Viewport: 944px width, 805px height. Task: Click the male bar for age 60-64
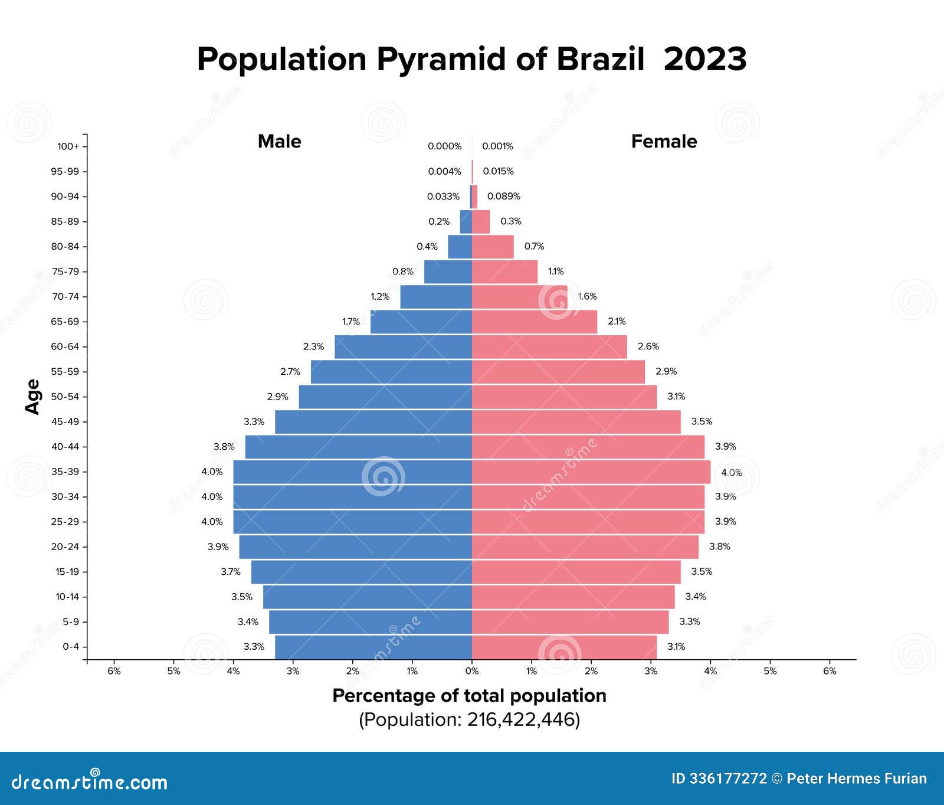(403, 347)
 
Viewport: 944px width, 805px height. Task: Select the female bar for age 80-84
(493, 247)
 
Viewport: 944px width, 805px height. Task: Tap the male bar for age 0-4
(373, 647)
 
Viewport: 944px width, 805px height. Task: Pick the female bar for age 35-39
(591, 472)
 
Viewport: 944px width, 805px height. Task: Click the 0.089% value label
(503, 197)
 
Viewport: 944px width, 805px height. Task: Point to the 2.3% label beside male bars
(313, 347)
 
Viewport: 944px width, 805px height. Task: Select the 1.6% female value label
(588, 296)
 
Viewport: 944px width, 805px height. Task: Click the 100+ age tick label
(68, 146)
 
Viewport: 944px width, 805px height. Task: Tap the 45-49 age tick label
(65, 422)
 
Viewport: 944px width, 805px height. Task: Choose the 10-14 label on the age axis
(67, 597)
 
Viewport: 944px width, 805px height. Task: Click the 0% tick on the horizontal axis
(472, 671)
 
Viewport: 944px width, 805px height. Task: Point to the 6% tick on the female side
(830, 671)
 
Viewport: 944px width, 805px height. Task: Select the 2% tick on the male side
(352, 671)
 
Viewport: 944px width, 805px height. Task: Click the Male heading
(279, 142)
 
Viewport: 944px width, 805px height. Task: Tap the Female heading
(664, 142)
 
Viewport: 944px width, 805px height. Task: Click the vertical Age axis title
(33, 397)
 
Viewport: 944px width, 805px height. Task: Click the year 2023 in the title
(704, 59)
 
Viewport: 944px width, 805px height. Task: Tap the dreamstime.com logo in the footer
(90, 781)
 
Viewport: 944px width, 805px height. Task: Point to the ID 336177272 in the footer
(719, 779)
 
